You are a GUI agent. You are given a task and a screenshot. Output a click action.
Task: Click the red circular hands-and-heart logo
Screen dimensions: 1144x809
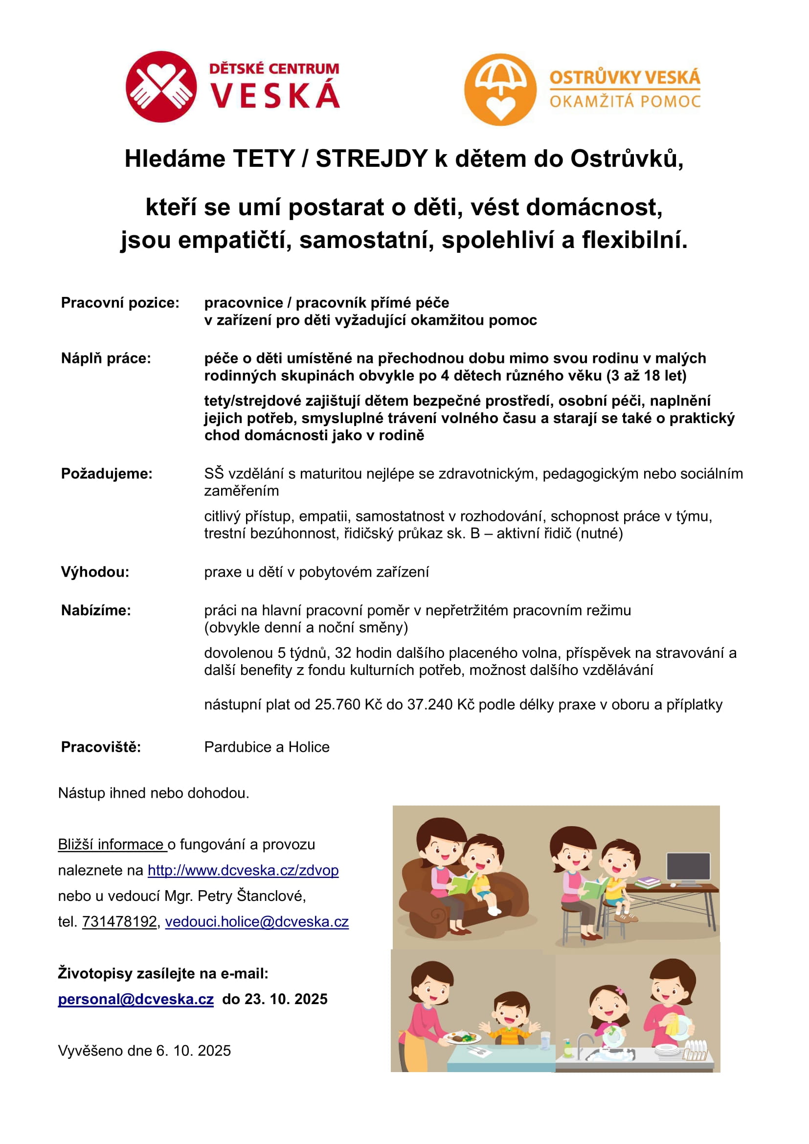click(x=161, y=87)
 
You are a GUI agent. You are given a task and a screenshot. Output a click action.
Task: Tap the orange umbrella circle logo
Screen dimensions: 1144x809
click(x=500, y=90)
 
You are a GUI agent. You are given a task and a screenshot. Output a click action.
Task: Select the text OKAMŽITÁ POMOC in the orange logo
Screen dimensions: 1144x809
click(x=625, y=102)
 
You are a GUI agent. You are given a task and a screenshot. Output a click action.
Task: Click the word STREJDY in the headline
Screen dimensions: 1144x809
click(x=372, y=159)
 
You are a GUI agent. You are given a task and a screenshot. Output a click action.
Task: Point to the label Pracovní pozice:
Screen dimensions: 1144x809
click(x=120, y=303)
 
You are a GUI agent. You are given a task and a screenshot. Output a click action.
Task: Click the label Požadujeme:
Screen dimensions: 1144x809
click(x=107, y=473)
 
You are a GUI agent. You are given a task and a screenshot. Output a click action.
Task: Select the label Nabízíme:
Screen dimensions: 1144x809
click(x=96, y=610)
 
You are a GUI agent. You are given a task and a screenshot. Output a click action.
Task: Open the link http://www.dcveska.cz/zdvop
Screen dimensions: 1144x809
click(x=243, y=870)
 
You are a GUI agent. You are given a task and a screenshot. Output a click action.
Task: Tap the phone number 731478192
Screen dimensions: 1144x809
click(x=119, y=921)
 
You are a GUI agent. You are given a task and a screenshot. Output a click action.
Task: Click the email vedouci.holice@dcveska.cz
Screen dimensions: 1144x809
click(x=257, y=921)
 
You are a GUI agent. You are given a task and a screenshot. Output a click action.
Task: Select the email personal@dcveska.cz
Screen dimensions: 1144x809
click(x=136, y=999)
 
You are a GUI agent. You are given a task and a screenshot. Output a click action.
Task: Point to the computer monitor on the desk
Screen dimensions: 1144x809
click(x=688, y=868)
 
